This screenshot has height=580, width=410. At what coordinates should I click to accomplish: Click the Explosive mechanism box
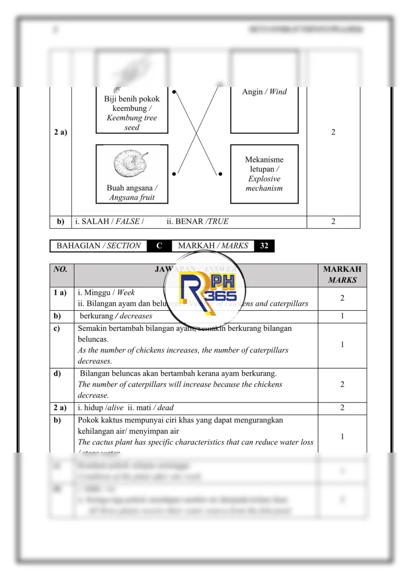pyautogui.click(x=264, y=174)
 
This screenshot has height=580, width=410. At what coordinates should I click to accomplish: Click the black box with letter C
pyautogui.click(x=159, y=246)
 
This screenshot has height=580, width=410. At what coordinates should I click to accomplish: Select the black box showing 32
pyautogui.click(x=264, y=246)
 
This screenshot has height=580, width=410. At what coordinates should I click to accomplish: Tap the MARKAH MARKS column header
pyautogui.click(x=342, y=275)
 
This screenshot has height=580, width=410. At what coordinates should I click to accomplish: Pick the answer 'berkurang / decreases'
pyautogui.click(x=116, y=316)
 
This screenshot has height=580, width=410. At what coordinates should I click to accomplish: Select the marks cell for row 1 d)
pyautogui.click(x=342, y=385)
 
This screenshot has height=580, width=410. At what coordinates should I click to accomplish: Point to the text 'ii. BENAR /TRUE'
pyautogui.click(x=197, y=222)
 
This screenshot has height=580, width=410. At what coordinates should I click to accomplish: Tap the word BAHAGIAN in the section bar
pyautogui.click(x=78, y=246)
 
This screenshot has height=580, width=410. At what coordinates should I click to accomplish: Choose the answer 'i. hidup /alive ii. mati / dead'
pyautogui.click(x=126, y=408)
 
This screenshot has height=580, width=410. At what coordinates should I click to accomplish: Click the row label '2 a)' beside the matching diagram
pyautogui.click(x=60, y=133)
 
